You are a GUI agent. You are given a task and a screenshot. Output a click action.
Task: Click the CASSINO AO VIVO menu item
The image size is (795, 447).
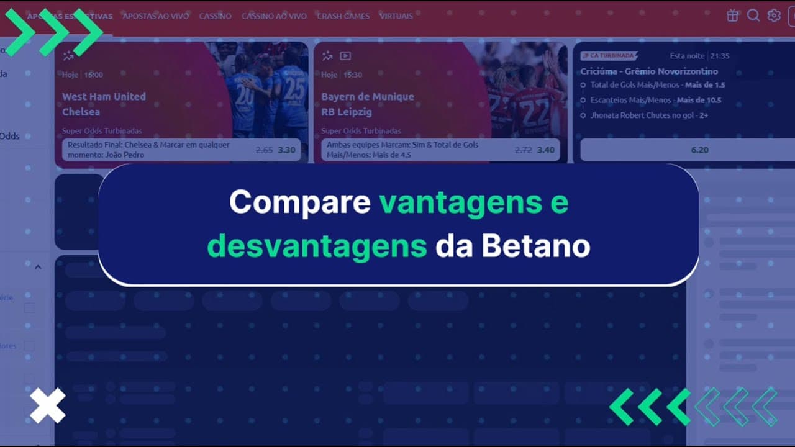[274, 16]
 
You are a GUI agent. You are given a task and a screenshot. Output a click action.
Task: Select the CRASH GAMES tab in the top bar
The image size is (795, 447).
[343, 16]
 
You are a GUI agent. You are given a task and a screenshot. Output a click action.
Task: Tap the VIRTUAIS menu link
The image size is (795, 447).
[396, 16]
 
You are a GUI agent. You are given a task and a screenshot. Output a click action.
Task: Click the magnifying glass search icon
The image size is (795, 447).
[753, 16]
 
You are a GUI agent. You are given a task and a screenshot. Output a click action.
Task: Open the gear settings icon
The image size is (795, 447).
[773, 16]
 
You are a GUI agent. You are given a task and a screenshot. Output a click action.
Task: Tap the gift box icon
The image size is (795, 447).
[733, 16]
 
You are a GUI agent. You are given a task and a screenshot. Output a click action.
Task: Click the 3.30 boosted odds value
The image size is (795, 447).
[286, 150]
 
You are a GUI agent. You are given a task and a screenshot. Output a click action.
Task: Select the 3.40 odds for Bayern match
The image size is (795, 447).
[546, 150]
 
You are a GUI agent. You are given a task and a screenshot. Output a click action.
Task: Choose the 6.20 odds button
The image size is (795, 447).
[699, 150]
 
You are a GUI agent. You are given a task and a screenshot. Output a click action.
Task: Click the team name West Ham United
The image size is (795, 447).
[104, 96]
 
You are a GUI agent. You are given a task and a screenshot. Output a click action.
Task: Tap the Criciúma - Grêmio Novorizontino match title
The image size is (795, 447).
[649, 71]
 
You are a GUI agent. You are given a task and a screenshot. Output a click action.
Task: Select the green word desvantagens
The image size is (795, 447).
[317, 247]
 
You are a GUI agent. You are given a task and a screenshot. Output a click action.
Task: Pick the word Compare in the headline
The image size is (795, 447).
[299, 202]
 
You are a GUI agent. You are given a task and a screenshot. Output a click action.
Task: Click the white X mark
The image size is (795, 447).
[48, 406]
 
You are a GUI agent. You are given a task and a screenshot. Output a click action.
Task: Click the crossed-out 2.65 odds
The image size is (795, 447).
[264, 150]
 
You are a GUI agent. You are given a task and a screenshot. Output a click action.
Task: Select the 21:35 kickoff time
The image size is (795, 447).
[719, 56]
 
